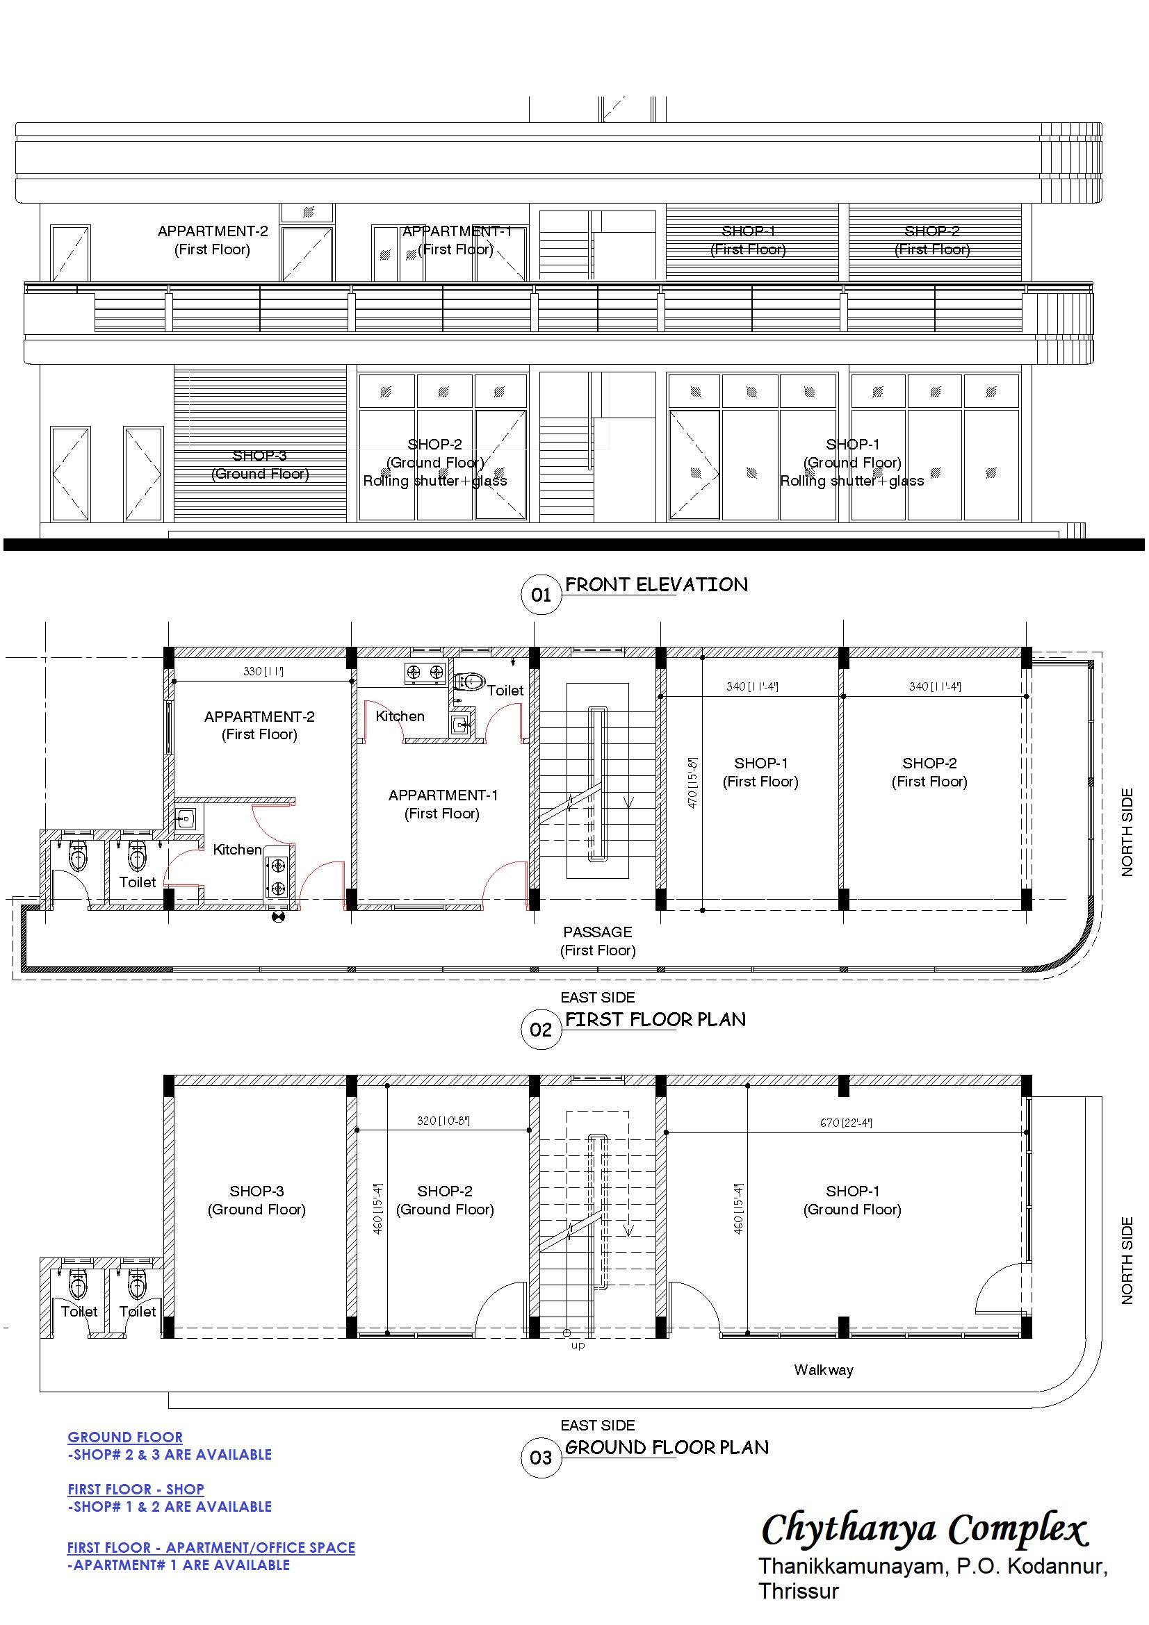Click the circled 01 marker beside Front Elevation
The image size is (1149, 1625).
[x=541, y=595]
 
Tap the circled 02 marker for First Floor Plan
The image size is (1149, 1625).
[x=541, y=1029]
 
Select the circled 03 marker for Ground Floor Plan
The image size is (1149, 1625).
[x=541, y=1458]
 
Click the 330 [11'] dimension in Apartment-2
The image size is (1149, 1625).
[x=263, y=671]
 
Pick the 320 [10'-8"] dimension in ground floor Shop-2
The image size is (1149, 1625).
[x=443, y=1121]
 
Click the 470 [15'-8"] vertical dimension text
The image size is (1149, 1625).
[x=692, y=783]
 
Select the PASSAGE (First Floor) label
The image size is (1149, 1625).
[x=598, y=941]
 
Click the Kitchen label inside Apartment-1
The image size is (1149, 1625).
[x=400, y=716]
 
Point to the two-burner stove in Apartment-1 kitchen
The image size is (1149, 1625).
[x=425, y=673]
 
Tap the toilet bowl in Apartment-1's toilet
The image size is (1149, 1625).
[x=470, y=682]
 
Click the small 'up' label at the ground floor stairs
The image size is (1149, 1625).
[x=578, y=1346]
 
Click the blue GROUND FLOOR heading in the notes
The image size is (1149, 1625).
[x=125, y=1437]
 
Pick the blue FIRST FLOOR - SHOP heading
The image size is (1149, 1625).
[x=136, y=1489]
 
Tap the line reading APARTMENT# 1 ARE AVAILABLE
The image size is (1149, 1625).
[x=179, y=1565]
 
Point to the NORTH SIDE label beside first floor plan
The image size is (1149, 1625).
[x=1127, y=832]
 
